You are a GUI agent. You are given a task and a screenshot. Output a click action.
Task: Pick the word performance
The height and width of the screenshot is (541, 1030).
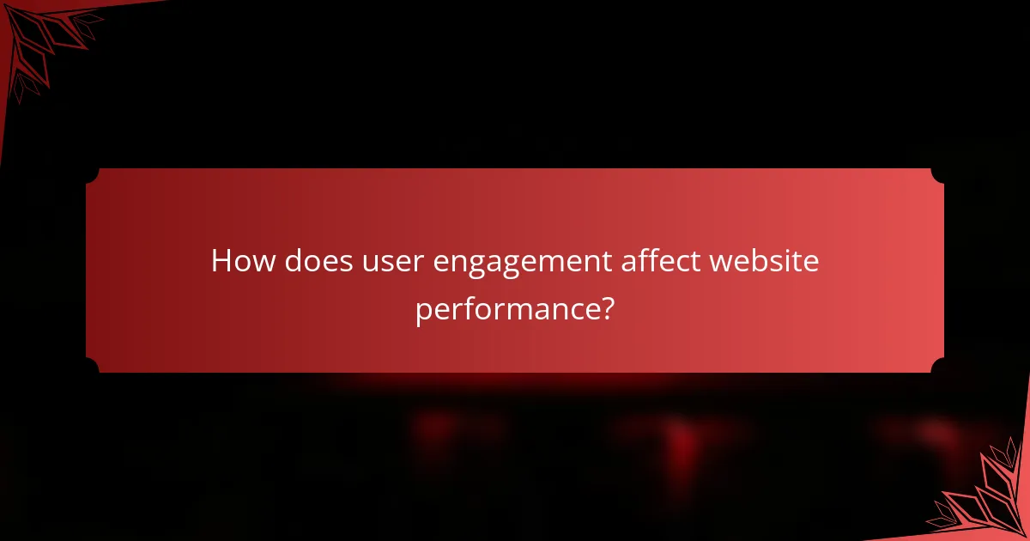coord(504,309)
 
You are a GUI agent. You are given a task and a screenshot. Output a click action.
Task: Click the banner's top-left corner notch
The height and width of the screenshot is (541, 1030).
coord(92,174)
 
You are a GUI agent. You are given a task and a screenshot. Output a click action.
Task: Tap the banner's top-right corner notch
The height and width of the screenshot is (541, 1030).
coord(938,174)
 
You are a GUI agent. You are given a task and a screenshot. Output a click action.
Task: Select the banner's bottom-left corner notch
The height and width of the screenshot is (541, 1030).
coord(92,367)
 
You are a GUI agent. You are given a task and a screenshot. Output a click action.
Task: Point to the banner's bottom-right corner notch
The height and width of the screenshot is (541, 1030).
coord(938,367)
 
